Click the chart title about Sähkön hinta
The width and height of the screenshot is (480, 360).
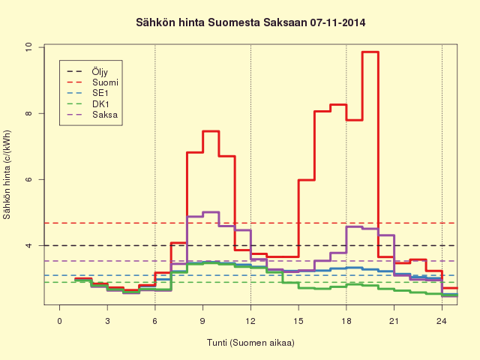[x=250, y=22]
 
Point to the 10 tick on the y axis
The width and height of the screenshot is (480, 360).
[x=28, y=47]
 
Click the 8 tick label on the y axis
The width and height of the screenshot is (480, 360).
[x=28, y=113]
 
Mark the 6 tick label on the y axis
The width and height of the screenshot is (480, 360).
[x=28, y=179]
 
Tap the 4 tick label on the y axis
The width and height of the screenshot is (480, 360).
[x=28, y=245]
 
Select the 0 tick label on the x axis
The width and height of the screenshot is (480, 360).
[x=60, y=321]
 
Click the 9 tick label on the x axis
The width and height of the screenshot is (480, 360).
[x=202, y=321]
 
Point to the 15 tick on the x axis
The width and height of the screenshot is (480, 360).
[x=298, y=321]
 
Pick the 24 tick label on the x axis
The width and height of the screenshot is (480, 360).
[x=442, y=321]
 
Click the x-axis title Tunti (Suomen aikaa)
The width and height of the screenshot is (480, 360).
[x=250, y=343]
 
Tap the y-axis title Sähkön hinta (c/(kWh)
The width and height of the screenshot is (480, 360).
[x=7, y=175]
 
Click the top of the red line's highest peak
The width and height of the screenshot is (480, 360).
[x=370, y=52]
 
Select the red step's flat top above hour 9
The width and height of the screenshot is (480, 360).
[x=211, y=131]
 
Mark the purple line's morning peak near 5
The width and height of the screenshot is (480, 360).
[x=211, y=211]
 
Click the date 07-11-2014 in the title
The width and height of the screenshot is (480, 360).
[x=337, y=22]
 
